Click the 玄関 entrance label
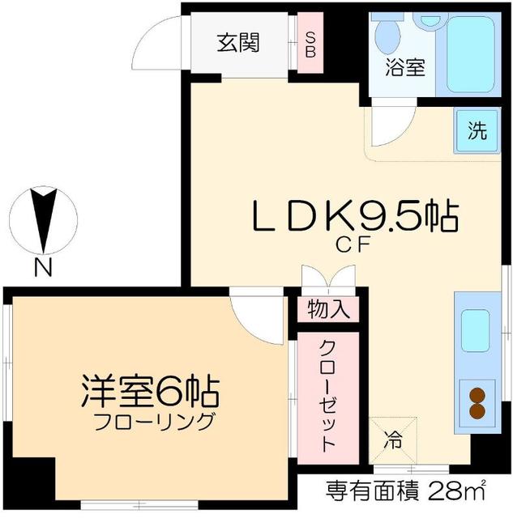237,42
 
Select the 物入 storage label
327,308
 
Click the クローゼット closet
327,395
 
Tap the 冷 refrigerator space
393,442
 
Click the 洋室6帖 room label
150,393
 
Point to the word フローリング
154,422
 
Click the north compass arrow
45,218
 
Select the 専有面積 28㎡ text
405,490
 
